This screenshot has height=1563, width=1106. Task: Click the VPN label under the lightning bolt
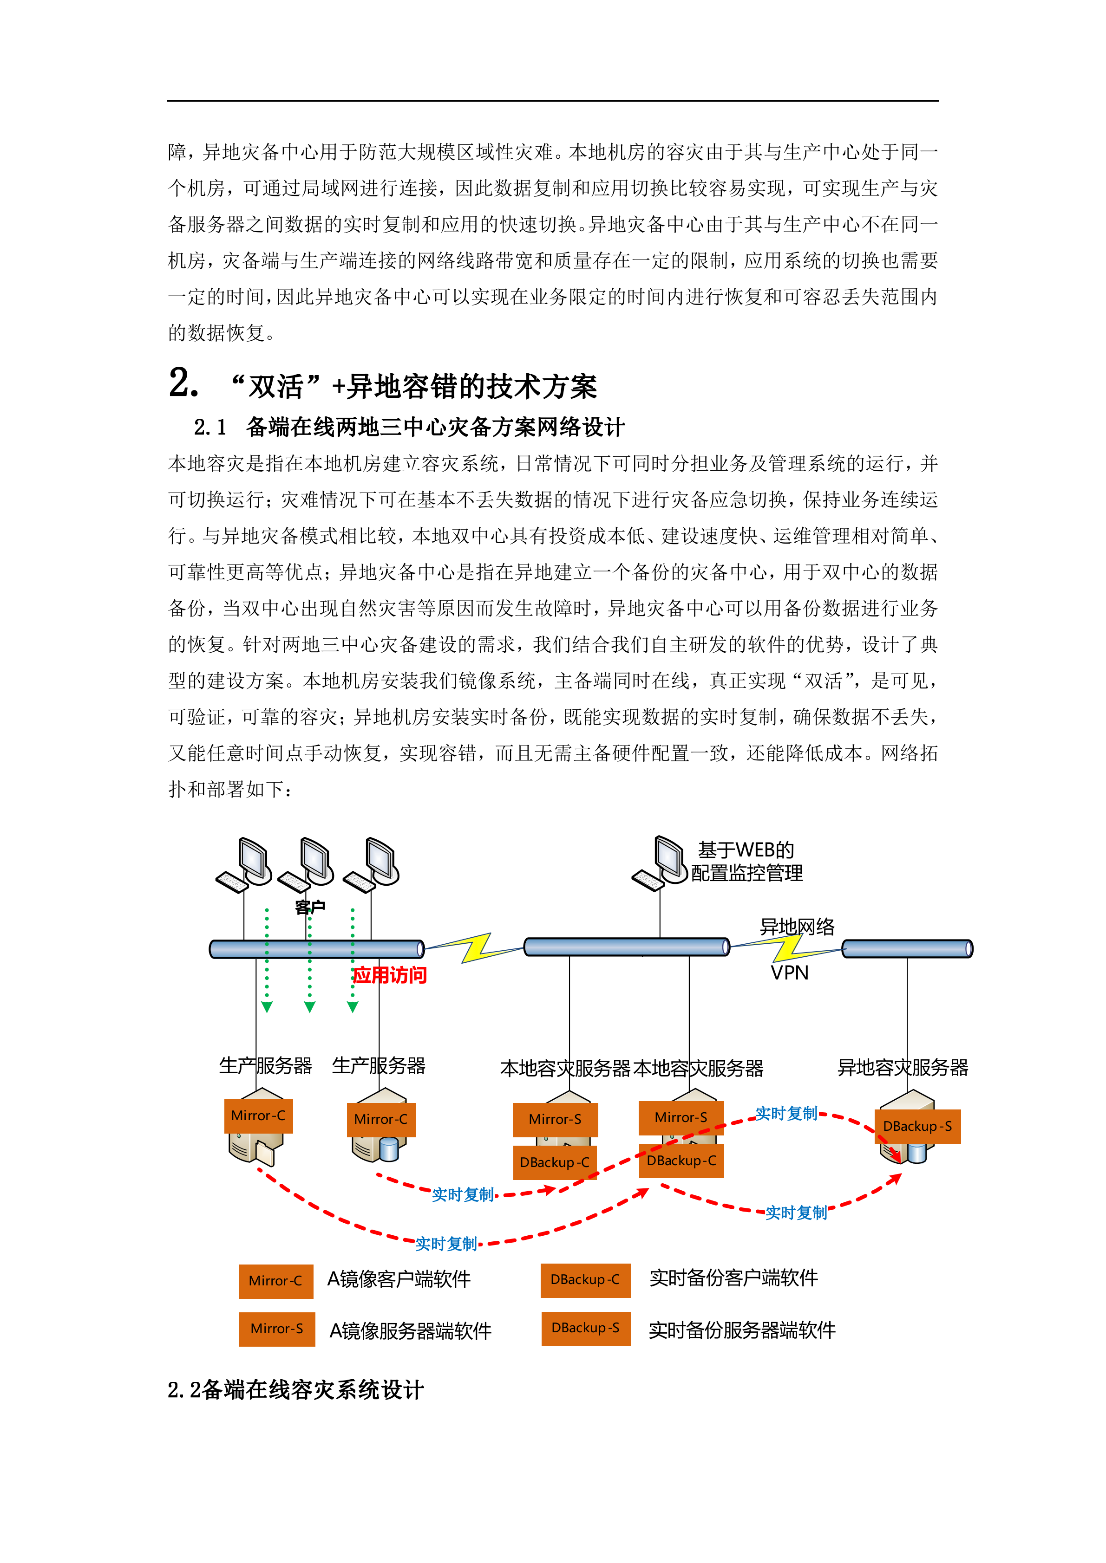click(x=789, y=973)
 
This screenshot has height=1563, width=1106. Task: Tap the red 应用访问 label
click(x=390, y=975)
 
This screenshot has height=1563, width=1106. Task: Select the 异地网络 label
click(x=797, y=927)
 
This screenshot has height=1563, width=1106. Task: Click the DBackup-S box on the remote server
click(x=917, y=1127)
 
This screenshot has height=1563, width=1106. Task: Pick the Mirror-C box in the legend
click(x=275, y=1281)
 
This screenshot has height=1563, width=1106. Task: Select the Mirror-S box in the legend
click(x=276, y=1329)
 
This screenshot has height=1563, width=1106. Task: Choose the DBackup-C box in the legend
click(x=585, y=1280)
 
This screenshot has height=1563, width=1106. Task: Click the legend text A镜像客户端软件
click(x=399, y=1280)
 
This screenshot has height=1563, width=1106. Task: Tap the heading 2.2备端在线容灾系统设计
click(x=295, y=1390)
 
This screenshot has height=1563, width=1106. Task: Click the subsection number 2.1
click(x=210, y=428)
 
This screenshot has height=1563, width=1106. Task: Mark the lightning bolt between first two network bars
click(x=475, y=947)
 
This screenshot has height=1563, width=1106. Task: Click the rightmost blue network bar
click(x=907, y=949)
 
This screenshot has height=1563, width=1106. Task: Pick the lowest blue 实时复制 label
click(x=446, y=1245)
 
